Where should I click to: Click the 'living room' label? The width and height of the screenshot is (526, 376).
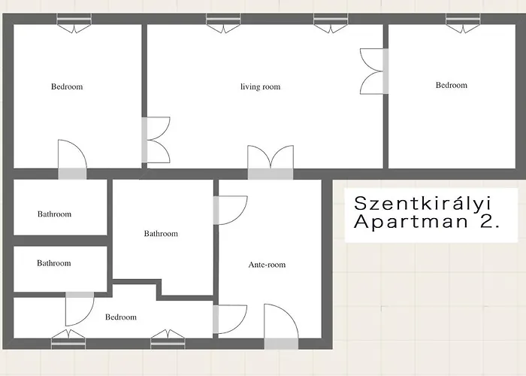coord(260,87)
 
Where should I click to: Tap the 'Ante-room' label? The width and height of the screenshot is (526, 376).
coord(267,265)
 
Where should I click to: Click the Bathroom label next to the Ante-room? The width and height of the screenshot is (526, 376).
coord(161,234)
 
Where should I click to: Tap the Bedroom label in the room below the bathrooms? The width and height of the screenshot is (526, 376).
coord(121,317)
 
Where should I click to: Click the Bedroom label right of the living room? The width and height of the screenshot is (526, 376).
coord(451,86)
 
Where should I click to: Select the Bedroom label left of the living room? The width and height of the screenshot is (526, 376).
coord(67,86)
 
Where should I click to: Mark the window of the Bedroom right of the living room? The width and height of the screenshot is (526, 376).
coord(463,24)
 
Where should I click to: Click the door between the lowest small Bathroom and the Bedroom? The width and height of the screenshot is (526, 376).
coord(79,307)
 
